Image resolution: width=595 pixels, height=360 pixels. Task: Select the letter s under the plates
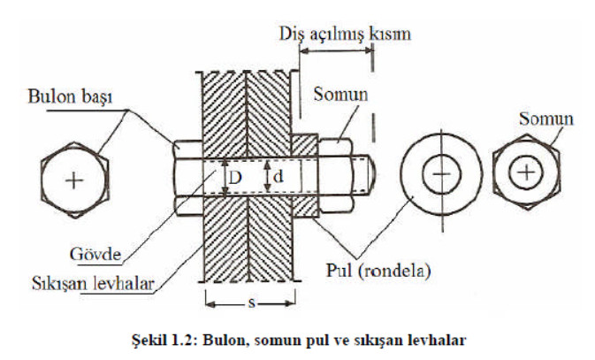(x=250, y=303)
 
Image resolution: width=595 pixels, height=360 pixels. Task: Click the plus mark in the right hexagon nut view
(x=528, y=171)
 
